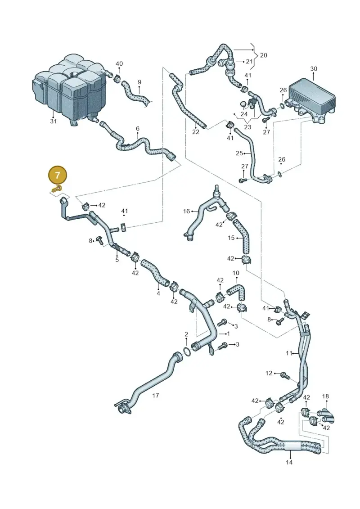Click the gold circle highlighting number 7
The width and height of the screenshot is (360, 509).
pos(58,176)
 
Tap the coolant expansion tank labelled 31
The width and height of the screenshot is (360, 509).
pos(70,91)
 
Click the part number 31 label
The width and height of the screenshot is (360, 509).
pos(53,121)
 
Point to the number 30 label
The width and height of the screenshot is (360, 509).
pos(314,69)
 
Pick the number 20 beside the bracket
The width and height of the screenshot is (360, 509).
pos(264,55)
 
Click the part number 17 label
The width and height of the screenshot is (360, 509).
pos(156,396)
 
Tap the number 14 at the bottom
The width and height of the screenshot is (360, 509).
pos(289,462)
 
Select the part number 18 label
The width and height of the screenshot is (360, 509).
pos(325,396)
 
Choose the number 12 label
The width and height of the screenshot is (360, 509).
pos(269,373)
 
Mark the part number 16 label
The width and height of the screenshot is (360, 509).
pos(186,212)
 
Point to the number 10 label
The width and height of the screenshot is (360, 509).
pos(236,273)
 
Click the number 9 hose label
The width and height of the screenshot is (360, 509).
pos(139,82)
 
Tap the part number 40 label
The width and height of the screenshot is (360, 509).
pos(119,63)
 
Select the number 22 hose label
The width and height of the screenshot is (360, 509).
pos(195,132)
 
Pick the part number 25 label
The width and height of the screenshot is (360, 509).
pos(239,153)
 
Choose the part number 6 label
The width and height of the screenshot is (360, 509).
pos(138,129)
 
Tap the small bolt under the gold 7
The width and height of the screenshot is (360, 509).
pos(57,188)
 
